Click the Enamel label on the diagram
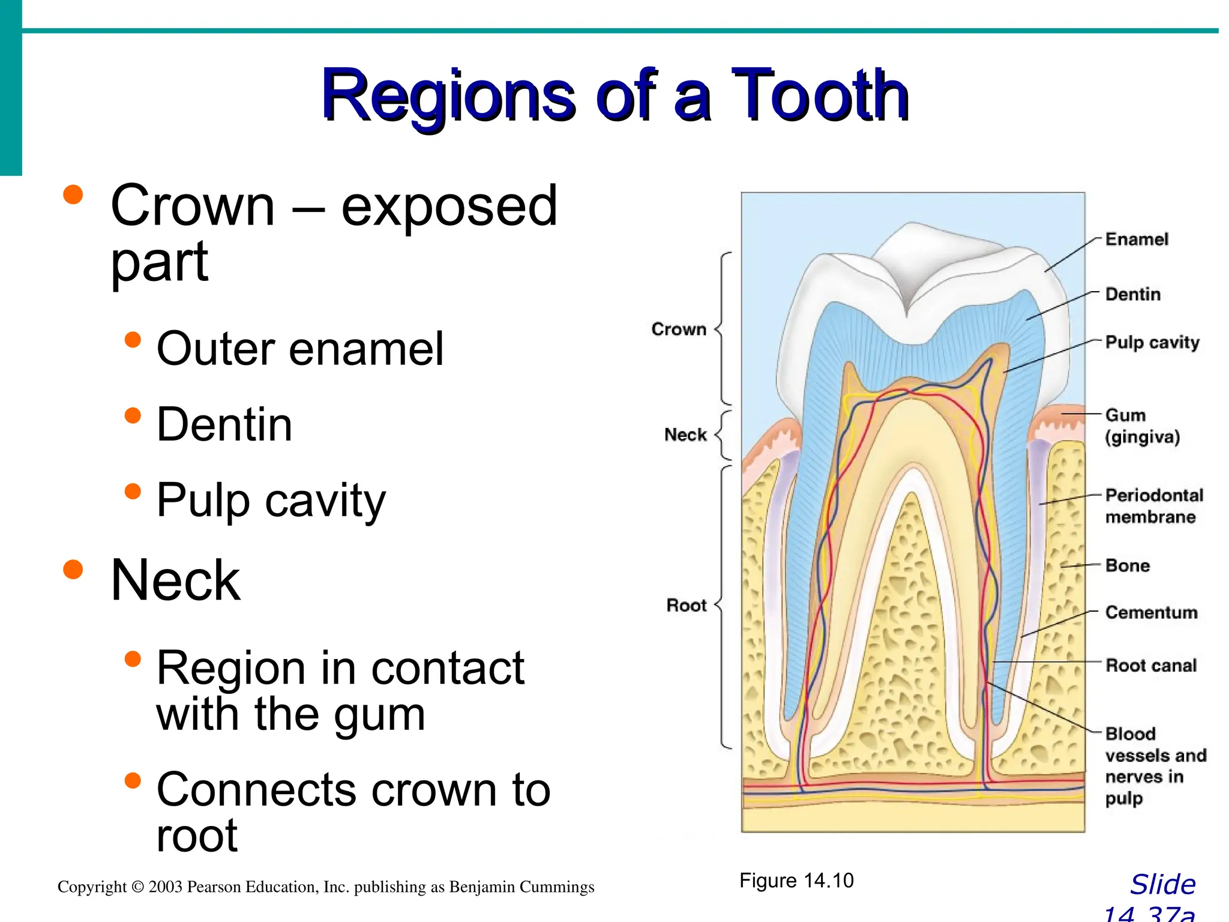click(x=1137, y=240)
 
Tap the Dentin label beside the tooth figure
click(x=1133, y=294)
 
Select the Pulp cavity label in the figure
click(x=1152, y=342)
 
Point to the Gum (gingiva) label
click(x=1142, y=426)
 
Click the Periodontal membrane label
click(x=1154, y=506)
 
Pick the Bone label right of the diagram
click(x=1128, y=565)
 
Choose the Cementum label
click(x=1151, y=612)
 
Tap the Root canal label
click(x=1151, y=665)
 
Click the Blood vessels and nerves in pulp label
click(x=1155, y=766)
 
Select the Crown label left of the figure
click(x=679, y=330)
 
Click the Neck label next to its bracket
click(x=685, y=435)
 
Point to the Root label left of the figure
click(x=687, y=605)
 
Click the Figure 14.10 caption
click(x=796, y=881)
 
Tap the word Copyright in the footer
click(x=91, y=887)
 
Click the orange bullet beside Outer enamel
click(x=133, y=340)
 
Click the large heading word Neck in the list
click(x=175, y=580)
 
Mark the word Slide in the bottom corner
click(x=1162, y=885)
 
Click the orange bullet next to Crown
click(x=73, y=195)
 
